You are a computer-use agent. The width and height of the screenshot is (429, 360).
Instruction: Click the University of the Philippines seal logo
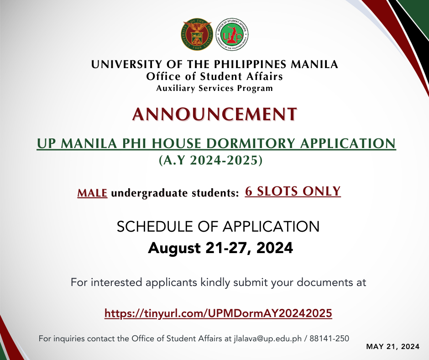(198, 33)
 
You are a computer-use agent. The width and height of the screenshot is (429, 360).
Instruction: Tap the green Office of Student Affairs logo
(231, 33)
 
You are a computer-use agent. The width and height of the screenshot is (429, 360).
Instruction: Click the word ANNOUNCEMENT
(214, 114)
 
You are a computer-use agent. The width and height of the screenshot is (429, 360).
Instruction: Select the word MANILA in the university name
(316, 64)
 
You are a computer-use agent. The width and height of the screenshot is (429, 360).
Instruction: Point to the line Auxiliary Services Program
(214, 88)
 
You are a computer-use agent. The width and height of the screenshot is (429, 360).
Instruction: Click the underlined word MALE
(92, 193)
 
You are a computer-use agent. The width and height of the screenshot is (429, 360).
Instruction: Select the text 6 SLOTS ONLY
(293, 191)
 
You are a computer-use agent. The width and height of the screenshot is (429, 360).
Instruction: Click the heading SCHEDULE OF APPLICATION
(218, 226)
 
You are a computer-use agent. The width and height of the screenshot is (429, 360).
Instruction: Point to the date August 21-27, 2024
(220, 248)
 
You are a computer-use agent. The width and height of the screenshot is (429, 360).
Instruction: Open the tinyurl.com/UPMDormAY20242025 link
(218, 313)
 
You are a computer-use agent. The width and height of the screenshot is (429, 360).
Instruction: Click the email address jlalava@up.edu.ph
(270, 339)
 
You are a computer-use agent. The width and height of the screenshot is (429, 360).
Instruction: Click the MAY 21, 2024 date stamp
(393, 347)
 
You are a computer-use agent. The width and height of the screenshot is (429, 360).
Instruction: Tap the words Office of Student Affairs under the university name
(214, 76)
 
